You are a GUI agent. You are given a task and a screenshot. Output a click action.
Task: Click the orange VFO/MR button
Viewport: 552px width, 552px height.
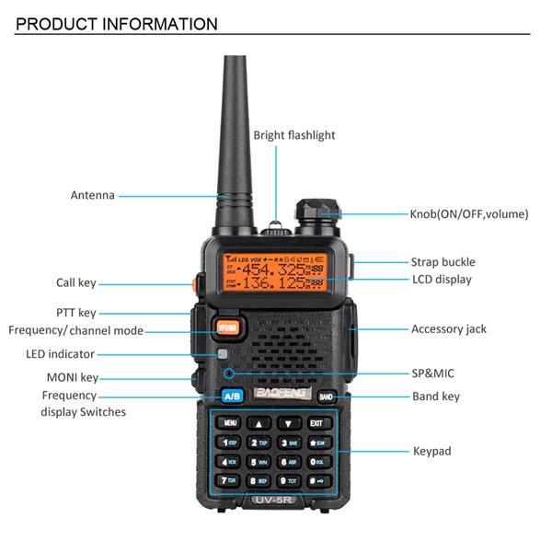(227, 328)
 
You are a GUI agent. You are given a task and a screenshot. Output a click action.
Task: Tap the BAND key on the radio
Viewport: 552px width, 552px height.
(326, 397)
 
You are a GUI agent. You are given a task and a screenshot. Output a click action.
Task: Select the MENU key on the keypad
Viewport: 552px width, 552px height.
(229, 423)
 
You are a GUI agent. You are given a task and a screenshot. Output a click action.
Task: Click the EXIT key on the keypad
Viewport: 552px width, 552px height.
(316, 423)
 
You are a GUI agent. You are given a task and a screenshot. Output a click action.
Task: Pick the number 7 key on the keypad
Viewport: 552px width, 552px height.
(228, 480)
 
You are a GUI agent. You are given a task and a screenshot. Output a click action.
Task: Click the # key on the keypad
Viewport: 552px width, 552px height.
(316, 480)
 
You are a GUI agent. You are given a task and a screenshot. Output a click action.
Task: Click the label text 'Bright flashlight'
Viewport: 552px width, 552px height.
(294, 135)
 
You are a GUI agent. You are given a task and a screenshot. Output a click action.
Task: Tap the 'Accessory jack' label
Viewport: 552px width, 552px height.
(449, 328)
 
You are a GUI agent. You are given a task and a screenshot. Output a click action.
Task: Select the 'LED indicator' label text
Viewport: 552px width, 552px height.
(60, 354)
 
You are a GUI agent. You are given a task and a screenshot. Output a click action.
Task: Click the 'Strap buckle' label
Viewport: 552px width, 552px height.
(443, 262)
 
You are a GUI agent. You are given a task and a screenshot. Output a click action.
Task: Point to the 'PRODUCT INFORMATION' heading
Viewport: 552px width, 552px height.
(117, 24)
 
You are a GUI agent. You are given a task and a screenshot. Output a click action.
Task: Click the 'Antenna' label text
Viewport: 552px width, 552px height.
(93, 195)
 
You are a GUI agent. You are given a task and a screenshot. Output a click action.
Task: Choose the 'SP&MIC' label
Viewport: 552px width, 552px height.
(432, 374)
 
